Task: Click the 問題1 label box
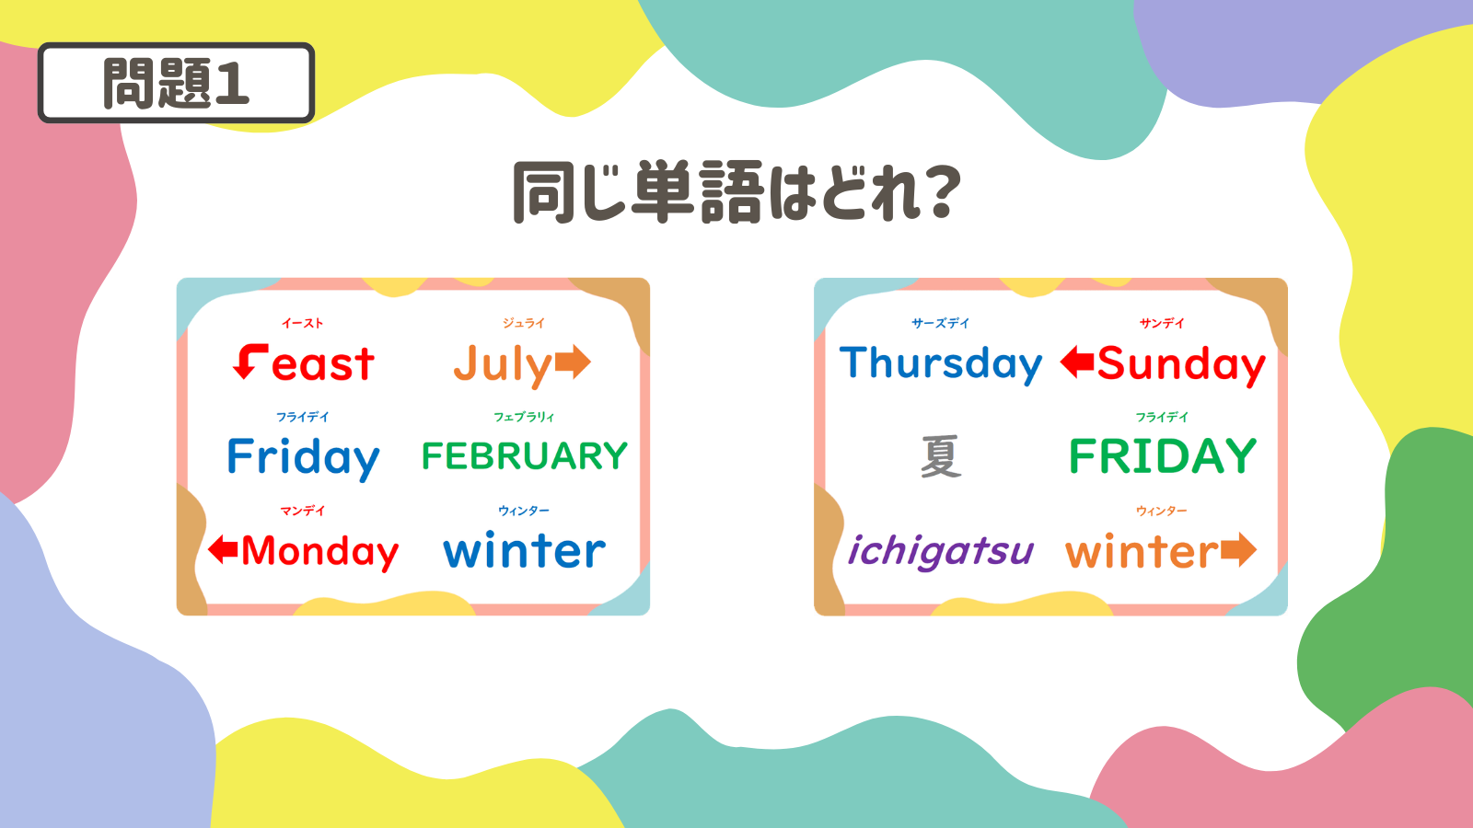pyautogui.click(x=176, y=83)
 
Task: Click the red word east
pyautogui.click(x=323, y=364)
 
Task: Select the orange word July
pyautogui.click(x=503, y=365)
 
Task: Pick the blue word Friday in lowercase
pyautogui.click(x=303, y=459)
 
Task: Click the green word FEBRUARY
pyautogui.click(x=525, y=456)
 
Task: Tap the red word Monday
pyautogui.click(x=319, y=552)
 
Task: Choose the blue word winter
pyautogui.click(x=524, y=551)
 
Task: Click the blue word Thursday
pyautogui.click(x=941, y=364)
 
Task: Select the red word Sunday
pyautogui.click(x=1181, y=365)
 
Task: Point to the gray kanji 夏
pyautogui.click(x=941, y=456)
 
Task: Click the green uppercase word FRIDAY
pyautogui.click(x=1163, y=456)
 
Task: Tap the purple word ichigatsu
pyautogui.click(x=941, y=552)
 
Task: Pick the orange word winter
pyautogui.click(x=1142, y=552)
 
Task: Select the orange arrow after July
pyautogui.click(x=573, y=362)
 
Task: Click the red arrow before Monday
pyautogui.click(x=223, y=548)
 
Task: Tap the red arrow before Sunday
pyautogui.click(x=1077, y=362)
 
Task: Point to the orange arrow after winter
pyautogui.click(x=1239, y=549)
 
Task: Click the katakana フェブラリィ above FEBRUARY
pyautogui.click(x=524, y=418)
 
